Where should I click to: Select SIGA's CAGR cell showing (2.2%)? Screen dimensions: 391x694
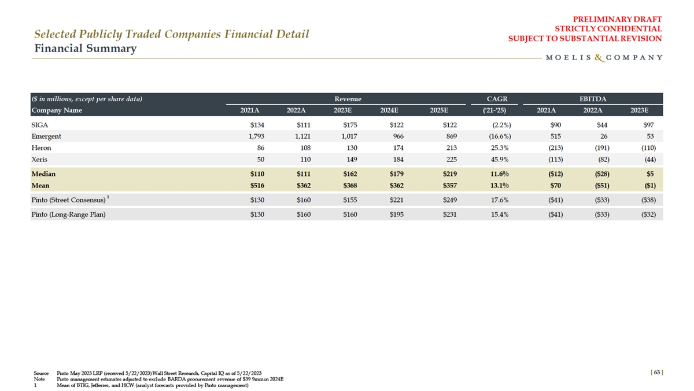(x=499, y=124)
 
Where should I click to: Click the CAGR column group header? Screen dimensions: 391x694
(x=497, y=99)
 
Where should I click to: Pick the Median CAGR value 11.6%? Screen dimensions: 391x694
(x=498, y=174)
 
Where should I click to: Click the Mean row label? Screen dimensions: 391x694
(x=40, y=186)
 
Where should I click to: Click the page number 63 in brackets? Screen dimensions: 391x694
(x=656, y=373)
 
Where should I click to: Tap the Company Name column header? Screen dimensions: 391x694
(x=57, y=110)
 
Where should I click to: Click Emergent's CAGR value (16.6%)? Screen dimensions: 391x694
(x=497, y=137)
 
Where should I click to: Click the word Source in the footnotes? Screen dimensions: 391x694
(x=41, y=373)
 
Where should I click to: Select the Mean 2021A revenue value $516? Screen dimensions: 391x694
(x=257, y=186)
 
